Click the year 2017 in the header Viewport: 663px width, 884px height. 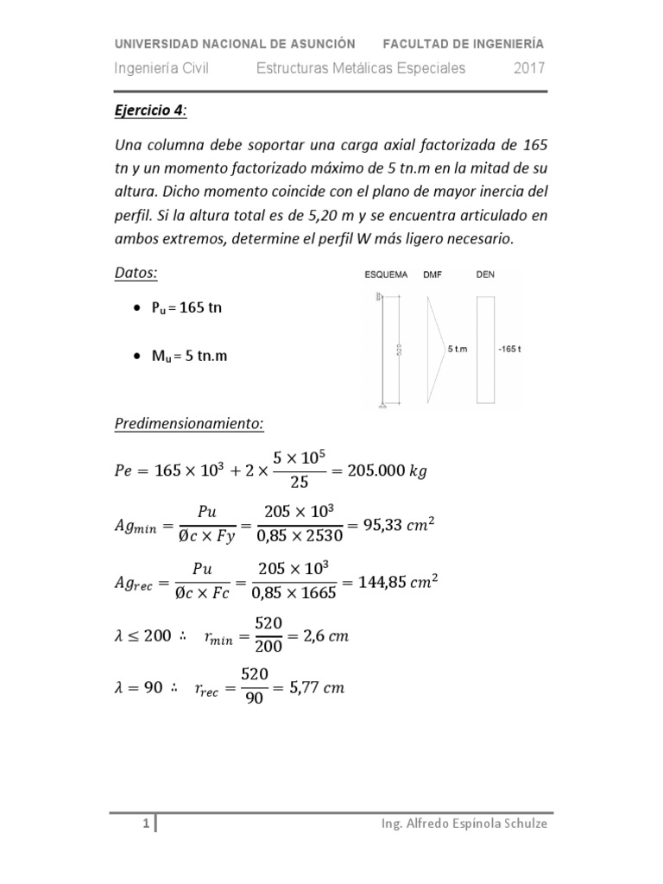click(x=528, y=69)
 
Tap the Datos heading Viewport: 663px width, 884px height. click(x=136, y=273)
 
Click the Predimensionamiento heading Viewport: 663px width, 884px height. click(x=189, y=425)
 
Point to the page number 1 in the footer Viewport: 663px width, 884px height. click(x=146, y=824)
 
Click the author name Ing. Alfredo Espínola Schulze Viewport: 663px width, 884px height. click(x=464, y=824)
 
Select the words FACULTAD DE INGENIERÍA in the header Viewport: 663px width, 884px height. click(x=463, y=43)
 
